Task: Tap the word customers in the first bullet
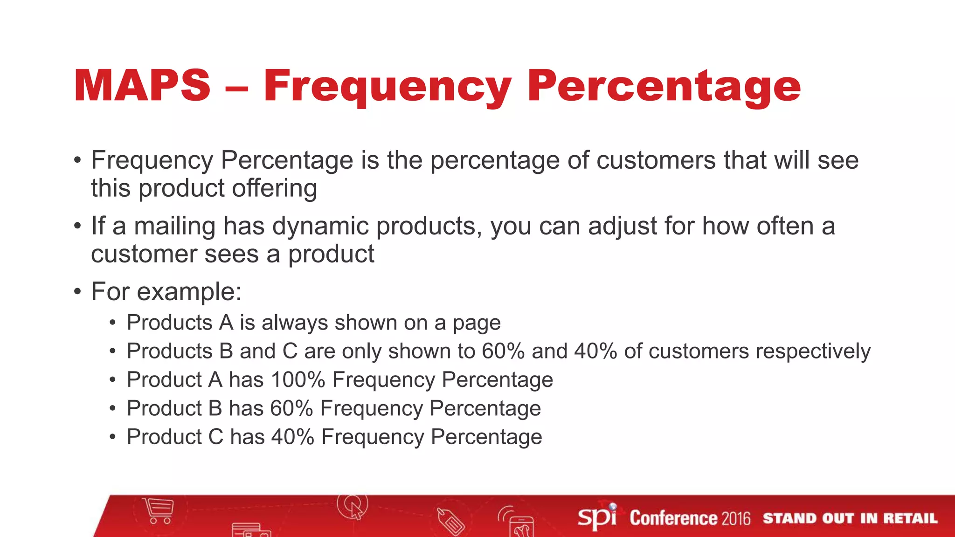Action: point(656,160)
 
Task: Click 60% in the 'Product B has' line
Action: point(291,408)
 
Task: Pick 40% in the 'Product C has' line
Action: point(292,437)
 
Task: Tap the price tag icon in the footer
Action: point(450,521)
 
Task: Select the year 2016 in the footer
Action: point(736,518)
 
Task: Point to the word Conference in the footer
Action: point(673,518)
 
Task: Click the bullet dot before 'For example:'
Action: point(77,292)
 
